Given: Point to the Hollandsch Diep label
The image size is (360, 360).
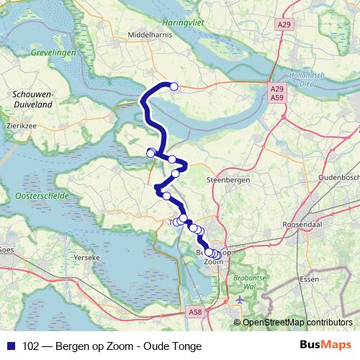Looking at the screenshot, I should point(310,79).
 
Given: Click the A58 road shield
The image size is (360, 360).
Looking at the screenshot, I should point(194,312).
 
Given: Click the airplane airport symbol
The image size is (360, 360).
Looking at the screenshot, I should point(240,299).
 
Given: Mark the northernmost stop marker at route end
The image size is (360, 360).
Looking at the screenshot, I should point(174,86).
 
